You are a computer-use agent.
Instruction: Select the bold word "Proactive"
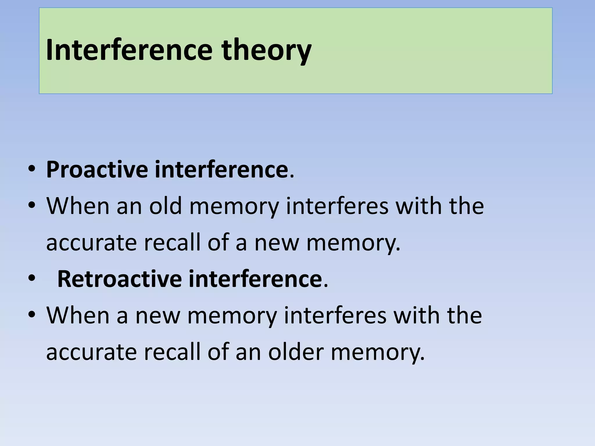click(x=97, y=170)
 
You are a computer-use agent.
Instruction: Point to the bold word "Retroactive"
click(x=120, y=279)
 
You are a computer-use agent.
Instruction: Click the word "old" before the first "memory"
click(x=165, y=206)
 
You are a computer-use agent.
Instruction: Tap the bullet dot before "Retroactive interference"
click(x=32, y=278)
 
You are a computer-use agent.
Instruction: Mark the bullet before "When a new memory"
click(x=32, y=315)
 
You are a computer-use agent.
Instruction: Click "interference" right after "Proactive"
click(x=221, y=170)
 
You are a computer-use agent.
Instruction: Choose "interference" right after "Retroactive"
click(x=255, y=279)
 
